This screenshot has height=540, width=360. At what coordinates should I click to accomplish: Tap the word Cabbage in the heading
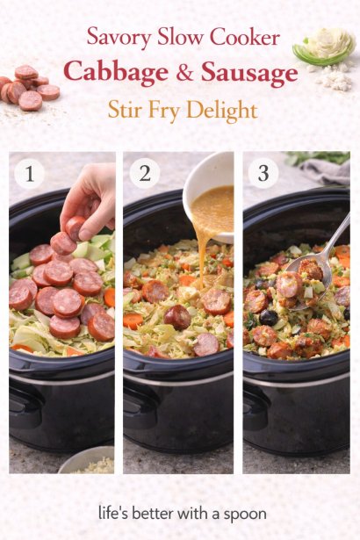point(116,73)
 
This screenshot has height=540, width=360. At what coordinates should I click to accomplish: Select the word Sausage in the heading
point(249,73)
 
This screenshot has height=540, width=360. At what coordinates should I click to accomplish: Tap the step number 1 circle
point(29,173)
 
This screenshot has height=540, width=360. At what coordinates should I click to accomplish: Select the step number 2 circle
point(145,173)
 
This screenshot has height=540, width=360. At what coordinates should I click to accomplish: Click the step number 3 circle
point(263,173)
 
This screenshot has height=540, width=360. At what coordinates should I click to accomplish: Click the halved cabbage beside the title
point(325,47)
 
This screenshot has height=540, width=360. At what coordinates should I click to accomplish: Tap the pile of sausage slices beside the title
point(29,88)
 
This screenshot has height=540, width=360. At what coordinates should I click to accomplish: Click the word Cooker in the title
point(245,37)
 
